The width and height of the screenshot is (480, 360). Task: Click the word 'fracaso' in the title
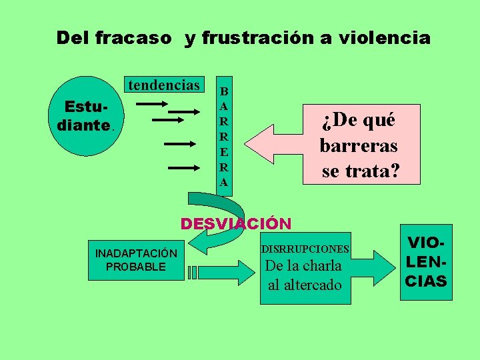[133, 38]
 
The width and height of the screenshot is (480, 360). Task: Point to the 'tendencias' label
[163, 85]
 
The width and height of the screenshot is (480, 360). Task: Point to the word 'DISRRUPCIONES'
[305, 249]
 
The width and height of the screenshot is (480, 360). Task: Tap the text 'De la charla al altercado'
[304, 275]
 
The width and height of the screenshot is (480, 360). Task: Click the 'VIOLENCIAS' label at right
[426, 261]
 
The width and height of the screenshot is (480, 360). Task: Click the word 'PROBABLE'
[136, 267]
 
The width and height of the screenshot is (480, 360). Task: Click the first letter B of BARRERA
[224, 91]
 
